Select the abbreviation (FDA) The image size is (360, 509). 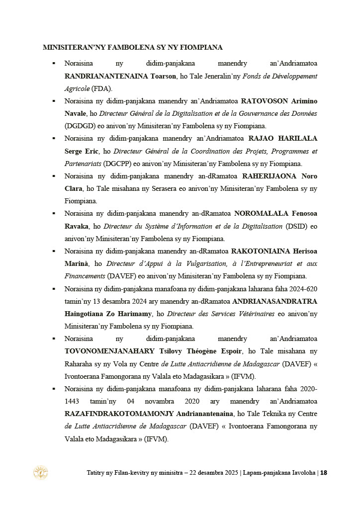point(102,89)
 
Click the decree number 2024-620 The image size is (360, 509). point(304,289)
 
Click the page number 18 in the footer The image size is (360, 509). point(324,473)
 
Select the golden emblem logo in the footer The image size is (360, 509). point(40,472)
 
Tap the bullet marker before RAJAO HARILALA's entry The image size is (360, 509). point(53,139)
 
